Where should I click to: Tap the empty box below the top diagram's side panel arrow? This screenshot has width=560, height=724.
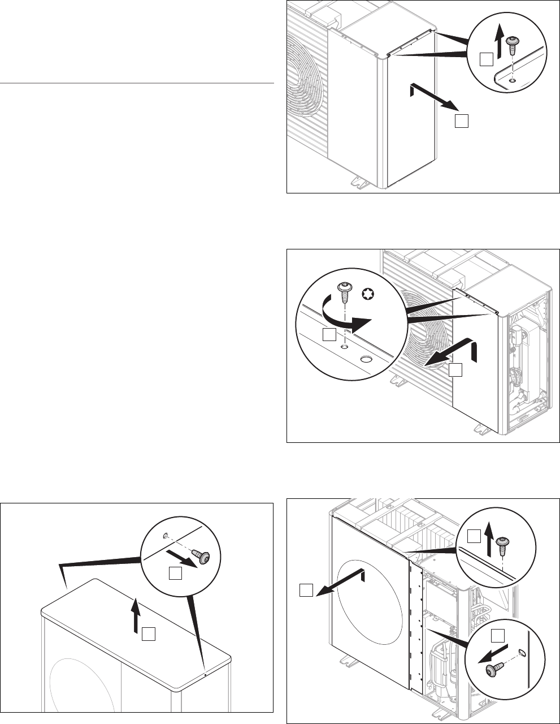coord(462,121)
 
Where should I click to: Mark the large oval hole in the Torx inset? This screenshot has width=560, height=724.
coord(366,359)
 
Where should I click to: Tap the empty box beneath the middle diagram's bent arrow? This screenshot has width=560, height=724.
coord(455,370)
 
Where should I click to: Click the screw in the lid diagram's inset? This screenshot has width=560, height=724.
coord(201,557)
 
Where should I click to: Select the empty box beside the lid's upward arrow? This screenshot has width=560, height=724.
coord(149,633)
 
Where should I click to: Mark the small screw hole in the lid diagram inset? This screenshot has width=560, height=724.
coord(164,536)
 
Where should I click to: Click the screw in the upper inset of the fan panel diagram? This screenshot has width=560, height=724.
coord(501,546)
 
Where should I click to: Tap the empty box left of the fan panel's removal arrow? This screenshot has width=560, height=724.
coord(306,592)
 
